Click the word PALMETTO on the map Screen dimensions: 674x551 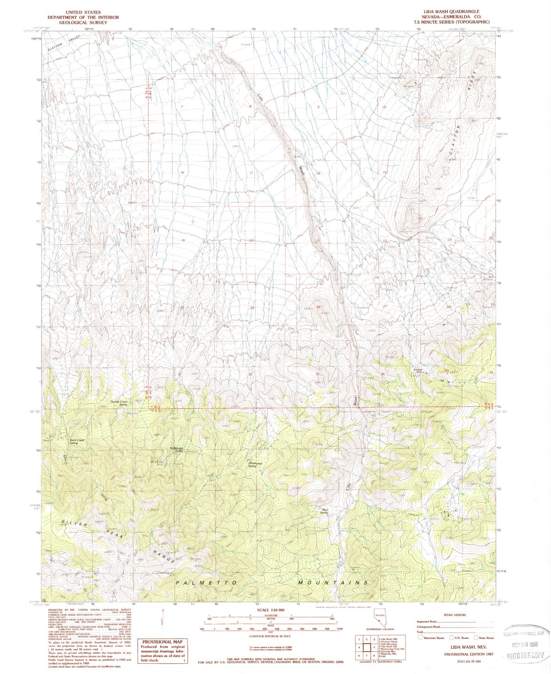coord(206,583)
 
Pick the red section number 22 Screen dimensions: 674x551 coord(385,240)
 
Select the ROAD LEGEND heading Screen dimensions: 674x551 coord(454,615)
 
